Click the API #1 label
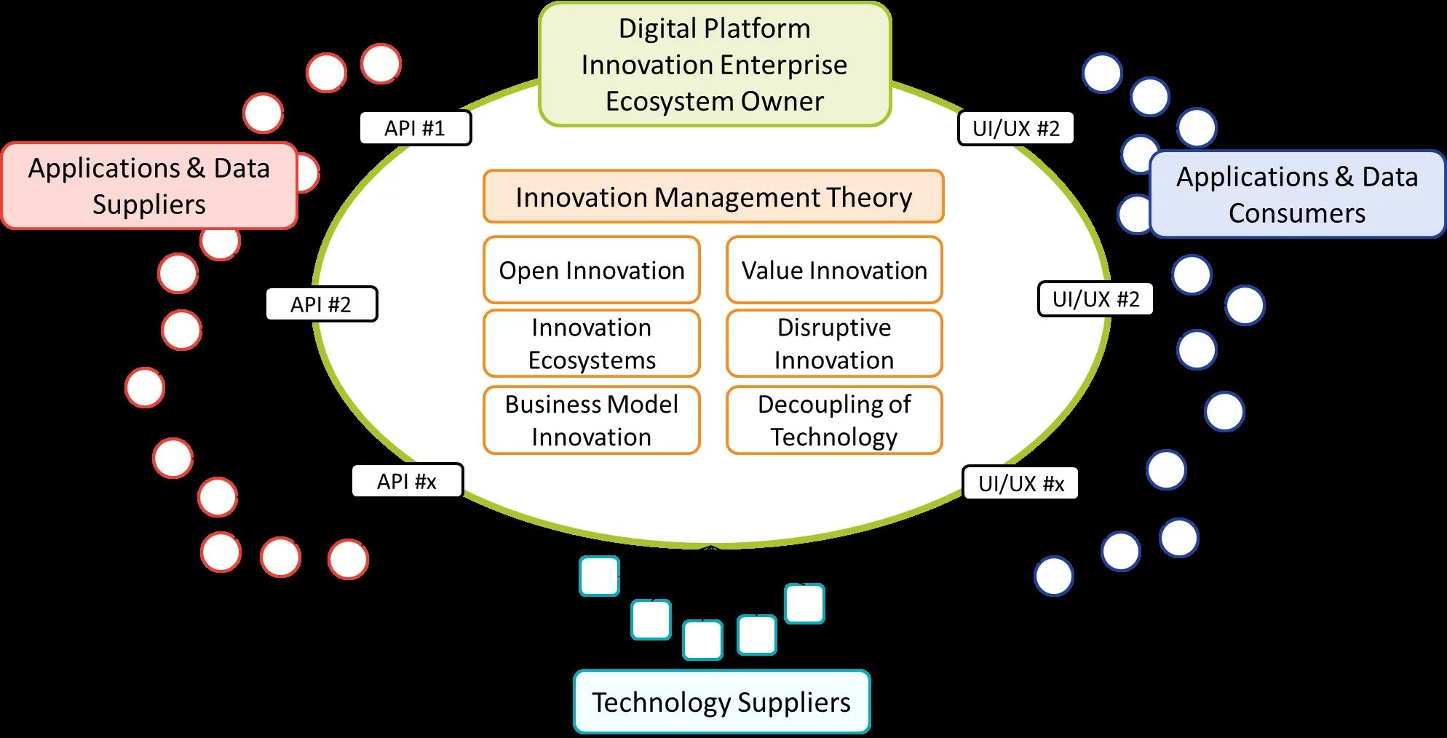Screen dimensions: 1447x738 pos(415,128)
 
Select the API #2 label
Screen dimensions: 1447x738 pos(321,304)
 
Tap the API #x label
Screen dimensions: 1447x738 pos(407,481)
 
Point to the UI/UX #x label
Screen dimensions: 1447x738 pos(1020,483)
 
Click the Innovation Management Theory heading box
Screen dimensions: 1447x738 pos(713,197)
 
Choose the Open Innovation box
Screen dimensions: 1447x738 pos(591,270)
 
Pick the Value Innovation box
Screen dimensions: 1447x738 pos(834,270)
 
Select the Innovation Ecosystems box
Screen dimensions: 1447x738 pos(591,344)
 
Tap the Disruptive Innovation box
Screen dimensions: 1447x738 pos(834,344)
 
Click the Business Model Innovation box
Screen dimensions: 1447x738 pos(591,420)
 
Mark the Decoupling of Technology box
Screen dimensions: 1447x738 pos(834,420)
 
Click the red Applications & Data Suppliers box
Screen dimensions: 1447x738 pos(149,186)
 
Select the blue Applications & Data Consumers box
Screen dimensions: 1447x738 pos(1297,194)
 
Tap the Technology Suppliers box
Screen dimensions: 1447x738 pos(721,702)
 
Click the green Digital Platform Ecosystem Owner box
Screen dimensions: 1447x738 pos(715,65)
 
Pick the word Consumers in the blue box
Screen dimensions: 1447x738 pos(1297,213)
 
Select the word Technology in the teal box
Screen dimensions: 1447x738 pos(661,702)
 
